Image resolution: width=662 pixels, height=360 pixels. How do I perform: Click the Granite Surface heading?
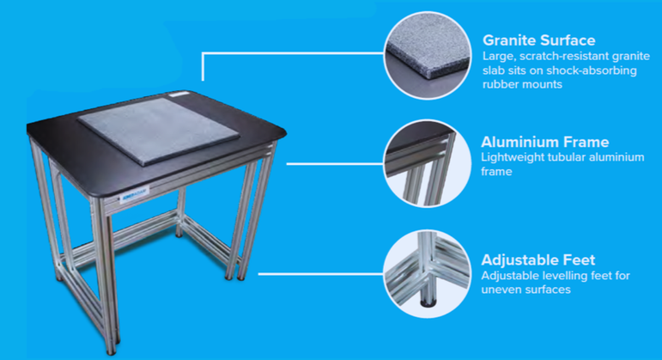[x=538, y=40]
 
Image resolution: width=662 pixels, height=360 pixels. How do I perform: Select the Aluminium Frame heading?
[x=545, y=142]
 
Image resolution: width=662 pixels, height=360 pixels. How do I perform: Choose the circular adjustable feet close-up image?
[x=428, y=268]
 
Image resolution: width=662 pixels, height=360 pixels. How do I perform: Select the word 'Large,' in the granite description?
[x=500, y=56]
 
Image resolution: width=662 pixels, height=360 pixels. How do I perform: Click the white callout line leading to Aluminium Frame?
[x=335, y=161]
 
